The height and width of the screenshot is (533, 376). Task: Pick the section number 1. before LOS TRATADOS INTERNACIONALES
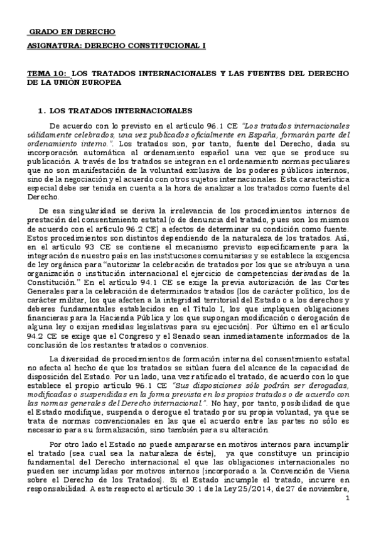point(42,110)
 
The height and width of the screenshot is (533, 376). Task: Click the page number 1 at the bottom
point(347,498)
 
